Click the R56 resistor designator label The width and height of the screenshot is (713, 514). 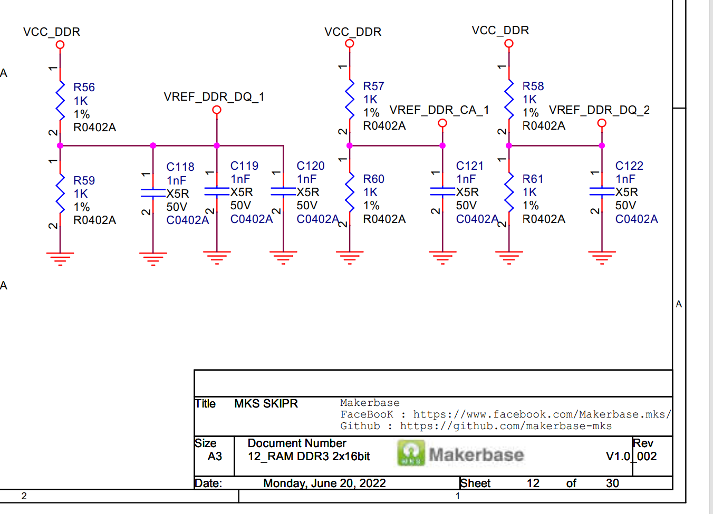click(84, 88)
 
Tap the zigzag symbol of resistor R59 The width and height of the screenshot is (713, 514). click(60, 194)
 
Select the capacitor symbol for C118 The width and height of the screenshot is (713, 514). click(153, 193)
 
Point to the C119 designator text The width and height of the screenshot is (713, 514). click(244, 166)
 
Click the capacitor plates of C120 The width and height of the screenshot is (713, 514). click(283, 191)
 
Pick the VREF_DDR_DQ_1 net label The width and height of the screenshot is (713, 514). click(214, 97)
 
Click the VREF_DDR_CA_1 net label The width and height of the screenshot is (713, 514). click(439, 110)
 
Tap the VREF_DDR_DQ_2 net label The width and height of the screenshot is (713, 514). click(599, 110)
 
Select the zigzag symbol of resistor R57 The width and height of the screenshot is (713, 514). click(350, 100)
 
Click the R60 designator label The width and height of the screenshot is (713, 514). click(373, 179)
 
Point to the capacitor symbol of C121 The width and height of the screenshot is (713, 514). click(442, 191)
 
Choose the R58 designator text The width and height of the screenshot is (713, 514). click(533, 86)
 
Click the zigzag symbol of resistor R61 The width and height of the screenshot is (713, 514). click(509, 193)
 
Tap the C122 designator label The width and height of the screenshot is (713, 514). click(629, 166)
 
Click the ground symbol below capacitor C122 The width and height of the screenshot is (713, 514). click(602, 257)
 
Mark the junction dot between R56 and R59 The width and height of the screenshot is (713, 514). click(60, 146)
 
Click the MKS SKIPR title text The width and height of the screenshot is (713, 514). click(266, 404)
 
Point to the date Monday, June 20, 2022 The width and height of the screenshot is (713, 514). click(324, 483)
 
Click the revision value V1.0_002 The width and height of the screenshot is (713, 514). click(631, 457)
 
